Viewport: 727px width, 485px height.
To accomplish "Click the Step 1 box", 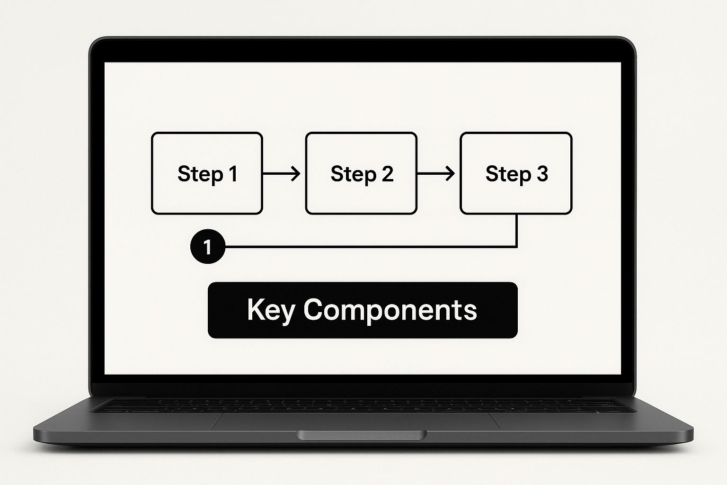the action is point(207,173).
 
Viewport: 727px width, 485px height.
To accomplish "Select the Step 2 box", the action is point(361,173).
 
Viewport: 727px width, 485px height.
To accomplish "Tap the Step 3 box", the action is point(516,173).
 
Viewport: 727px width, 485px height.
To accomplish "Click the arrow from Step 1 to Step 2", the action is point(282,173).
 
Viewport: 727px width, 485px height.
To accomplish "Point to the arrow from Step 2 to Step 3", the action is point(436,173).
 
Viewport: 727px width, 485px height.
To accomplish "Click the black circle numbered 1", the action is point(208,246).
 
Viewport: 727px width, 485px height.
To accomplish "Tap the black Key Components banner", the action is point(363,310).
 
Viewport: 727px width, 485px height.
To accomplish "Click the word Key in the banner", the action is point(271,310).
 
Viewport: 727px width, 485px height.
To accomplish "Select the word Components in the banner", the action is point(390,310).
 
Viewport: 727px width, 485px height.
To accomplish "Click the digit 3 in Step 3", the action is point(542,173).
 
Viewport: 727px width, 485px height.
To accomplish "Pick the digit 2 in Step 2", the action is point(387,173).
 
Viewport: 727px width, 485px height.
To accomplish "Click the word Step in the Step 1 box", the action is point(200,174).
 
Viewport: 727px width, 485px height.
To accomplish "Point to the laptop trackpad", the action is point(355,422).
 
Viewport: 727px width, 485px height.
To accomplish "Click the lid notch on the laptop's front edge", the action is point(362,435).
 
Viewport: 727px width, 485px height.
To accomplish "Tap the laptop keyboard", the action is point(362,406).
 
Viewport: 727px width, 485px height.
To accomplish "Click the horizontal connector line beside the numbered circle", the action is point(371,247).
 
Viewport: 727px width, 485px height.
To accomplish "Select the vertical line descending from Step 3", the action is point(516,230).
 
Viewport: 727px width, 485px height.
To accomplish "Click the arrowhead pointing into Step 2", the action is point(296,173).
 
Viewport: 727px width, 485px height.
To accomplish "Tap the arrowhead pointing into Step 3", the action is point(450,173).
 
